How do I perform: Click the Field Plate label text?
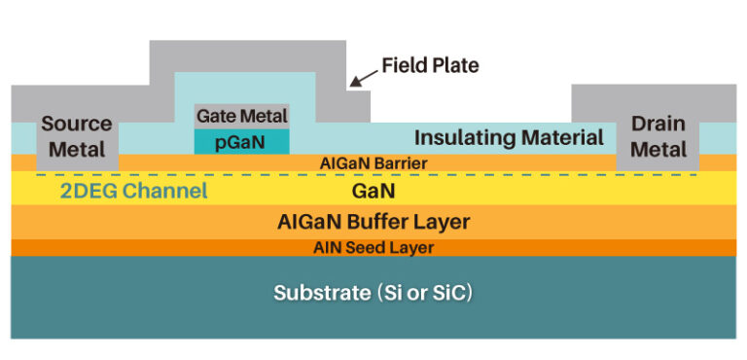pyautogui.click(x=430, y=66)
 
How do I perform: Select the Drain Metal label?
pyautogui.click(x=658, y=136)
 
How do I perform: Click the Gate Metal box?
pyautogui.click(x=242, y=116)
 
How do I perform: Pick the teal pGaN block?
pyautogui.click(x=242, y=141)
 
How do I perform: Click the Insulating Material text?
pyautogui.click(x=509, y=137)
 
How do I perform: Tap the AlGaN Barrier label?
pyautogui.click(x=373, y=162)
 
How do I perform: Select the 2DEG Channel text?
pyautogui.click(x=134, y=191)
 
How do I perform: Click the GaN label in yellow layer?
pyautogui.click(x=373, y=191)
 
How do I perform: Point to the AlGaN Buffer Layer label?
pyautogui.click(x=373, y=222)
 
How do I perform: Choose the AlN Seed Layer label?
pyautogui.click(x=373, y=247)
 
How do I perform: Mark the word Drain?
pyautogui.click(x=658, y=125)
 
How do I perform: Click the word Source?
pyautogui.click(x=77, y=125)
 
